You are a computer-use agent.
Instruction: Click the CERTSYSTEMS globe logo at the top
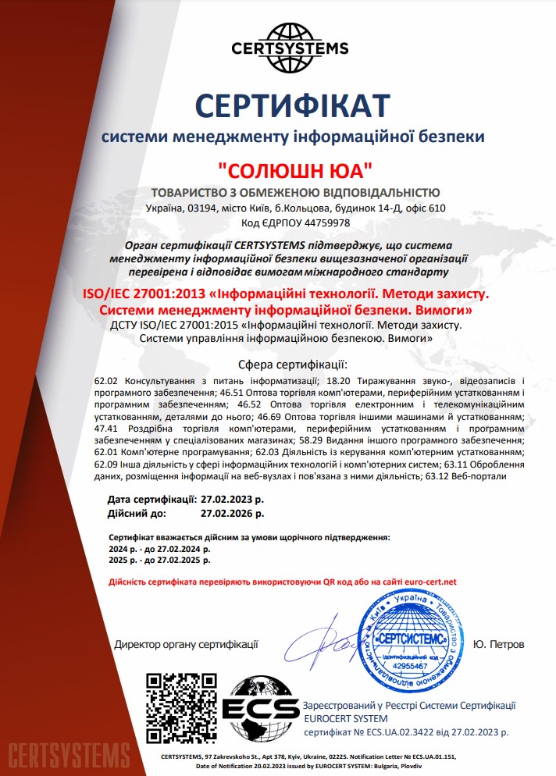[290, 40]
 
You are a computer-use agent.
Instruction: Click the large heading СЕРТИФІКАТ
[292, 103]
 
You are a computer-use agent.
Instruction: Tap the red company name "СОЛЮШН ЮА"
[294, 169]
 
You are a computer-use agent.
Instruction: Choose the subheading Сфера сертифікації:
[292, 365]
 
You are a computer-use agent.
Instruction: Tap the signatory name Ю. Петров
[499, 645]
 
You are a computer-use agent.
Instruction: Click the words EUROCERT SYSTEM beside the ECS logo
[345, 718]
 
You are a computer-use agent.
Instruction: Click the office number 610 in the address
[437, 208]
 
